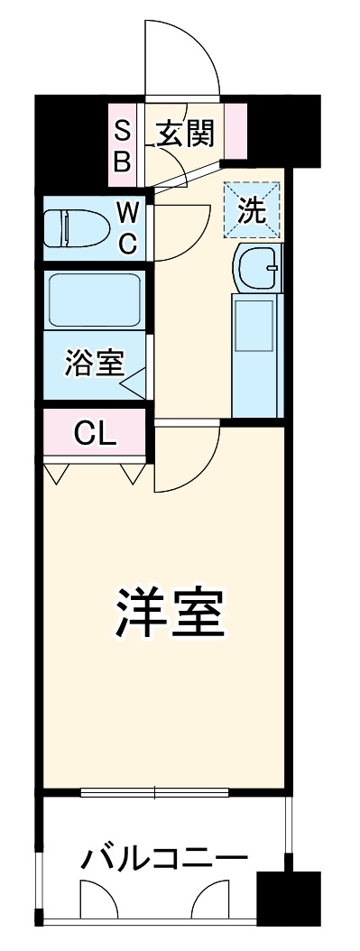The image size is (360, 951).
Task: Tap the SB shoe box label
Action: [122, 146]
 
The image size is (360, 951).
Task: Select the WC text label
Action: [128, 227]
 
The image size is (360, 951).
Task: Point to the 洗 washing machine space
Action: [253, 209]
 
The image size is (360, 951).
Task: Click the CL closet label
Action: [95, 434]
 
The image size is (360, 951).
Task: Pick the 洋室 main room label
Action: [169, 614]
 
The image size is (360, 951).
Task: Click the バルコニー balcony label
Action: [164, 858]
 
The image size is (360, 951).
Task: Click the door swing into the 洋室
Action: [188, 460]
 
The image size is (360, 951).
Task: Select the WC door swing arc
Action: [185, 230]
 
